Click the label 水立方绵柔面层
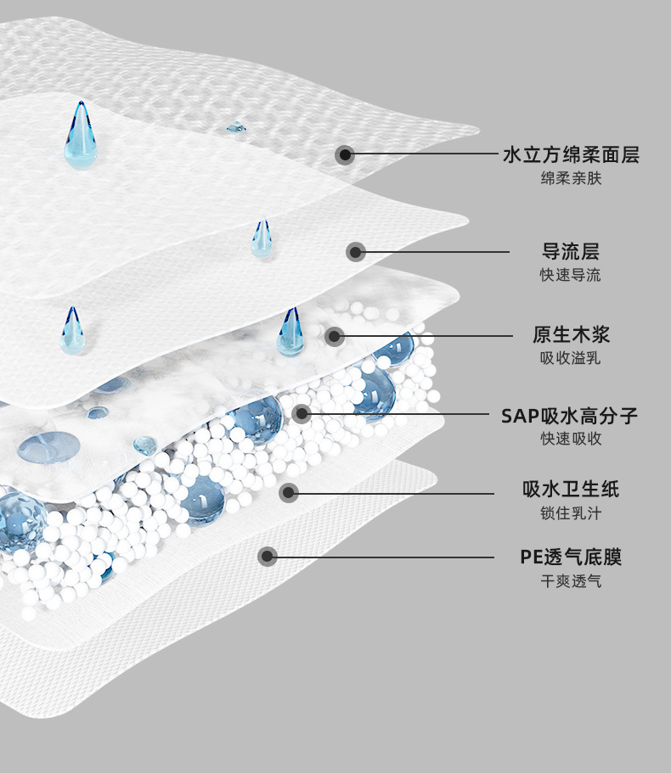click(571, 155)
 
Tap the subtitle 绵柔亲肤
click(571, 179)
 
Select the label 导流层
click(571, 251)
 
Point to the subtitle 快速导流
click(571, 275)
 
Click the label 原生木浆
click(571, 334)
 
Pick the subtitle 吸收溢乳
click(571, 358)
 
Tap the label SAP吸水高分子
click(569, 416)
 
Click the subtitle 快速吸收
click(571, 440)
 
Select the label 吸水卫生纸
click(571, 490)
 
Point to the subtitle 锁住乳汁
click(571, 513)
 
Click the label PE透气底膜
click(571, 557)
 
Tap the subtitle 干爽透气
click(571, 581)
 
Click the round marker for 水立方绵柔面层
click(344, 154)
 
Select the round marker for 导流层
click(356, 251)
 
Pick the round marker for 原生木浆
click(335, 336)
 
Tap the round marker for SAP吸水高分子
click(302, 414)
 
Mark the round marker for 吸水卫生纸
click(289, 492)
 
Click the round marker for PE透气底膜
click(268, 557)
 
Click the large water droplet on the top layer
click(80, 137)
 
